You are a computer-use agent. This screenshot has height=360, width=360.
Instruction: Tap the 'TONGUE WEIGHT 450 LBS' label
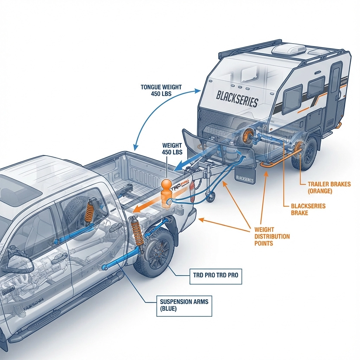coord(161,90)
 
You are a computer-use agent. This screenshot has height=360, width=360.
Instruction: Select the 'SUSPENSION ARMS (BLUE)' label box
coord(184,306)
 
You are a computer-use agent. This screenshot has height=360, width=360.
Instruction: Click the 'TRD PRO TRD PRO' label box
coord(215,275)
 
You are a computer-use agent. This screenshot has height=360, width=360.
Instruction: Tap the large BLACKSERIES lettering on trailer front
coord(237,99)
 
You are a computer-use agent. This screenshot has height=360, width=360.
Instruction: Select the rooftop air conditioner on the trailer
coord(288,49)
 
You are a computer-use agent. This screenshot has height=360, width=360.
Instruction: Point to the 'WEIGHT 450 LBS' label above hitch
coord(172,149)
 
